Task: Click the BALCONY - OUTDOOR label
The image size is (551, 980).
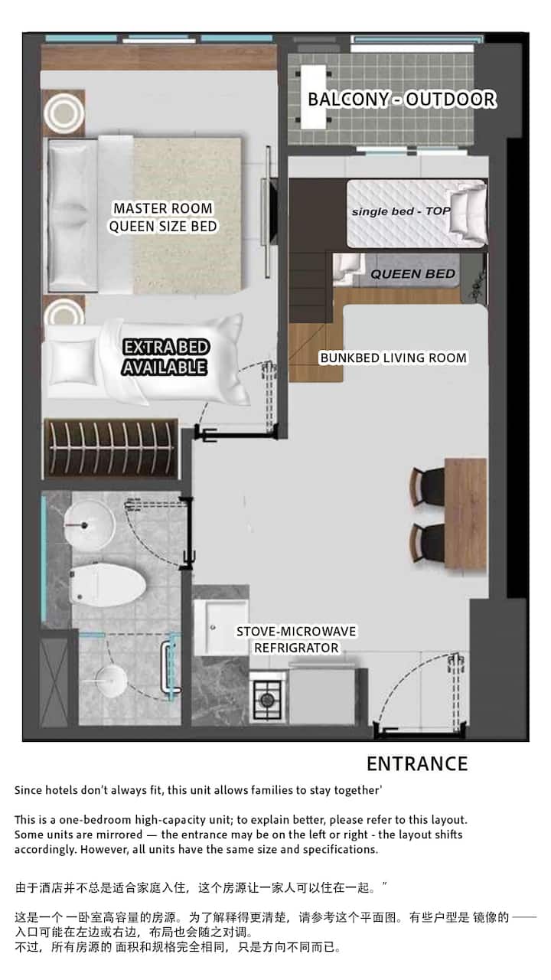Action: tap(402, 100)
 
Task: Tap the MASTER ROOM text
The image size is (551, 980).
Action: tap(163, 208)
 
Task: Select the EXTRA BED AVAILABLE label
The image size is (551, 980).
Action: tap(165, 357)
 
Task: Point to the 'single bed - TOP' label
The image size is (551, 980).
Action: tap(400, 211)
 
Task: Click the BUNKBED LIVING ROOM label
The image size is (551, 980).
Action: tap(393, 358)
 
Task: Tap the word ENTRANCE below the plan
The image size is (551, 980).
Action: tap(417, 764)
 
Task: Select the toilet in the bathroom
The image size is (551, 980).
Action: tap(107, 585)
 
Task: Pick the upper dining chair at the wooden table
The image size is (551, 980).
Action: tap(428, 486)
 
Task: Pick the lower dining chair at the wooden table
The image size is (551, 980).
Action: tap(428, 543)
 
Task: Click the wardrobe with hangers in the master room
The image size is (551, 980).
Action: tap(111, 449)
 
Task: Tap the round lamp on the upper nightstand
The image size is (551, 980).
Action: tap(64, 113)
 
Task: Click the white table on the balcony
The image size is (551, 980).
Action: tap(314, 97)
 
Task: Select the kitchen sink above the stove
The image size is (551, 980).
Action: tap(221, 628)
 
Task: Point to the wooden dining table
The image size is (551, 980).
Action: tap(466, 514)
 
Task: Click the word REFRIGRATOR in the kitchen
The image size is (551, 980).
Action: tap(296, 648)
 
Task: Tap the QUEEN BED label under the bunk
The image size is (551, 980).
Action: tap(412, 274)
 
